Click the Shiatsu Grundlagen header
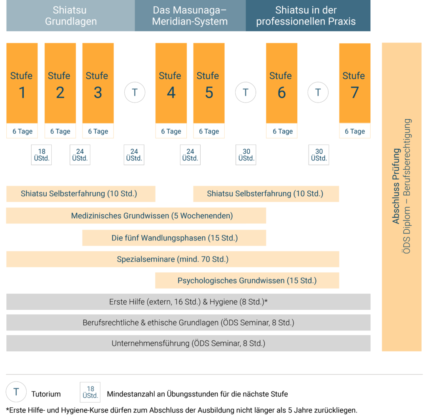point(70,15)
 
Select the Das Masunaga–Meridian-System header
point(190,15)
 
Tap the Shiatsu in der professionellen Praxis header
point(308,15)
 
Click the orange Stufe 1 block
point(22,83)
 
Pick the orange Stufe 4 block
point(171,83)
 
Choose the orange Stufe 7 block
point(355,83)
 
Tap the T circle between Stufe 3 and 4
point(135,92)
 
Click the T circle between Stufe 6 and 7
point(318,92)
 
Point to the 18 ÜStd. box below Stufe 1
point(41,155)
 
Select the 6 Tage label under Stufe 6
point(283,131)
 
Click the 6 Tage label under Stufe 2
point(60,131)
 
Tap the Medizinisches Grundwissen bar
point(136,216)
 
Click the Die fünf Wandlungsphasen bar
point(174,238)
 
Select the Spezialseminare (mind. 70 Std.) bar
point(173,259)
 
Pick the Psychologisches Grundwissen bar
point(247,281)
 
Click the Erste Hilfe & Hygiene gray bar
point(188,302)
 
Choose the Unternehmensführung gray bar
point(188,343)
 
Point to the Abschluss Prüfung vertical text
point(396,186)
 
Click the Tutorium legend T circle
point(16,392)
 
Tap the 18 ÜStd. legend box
point(90,392)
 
